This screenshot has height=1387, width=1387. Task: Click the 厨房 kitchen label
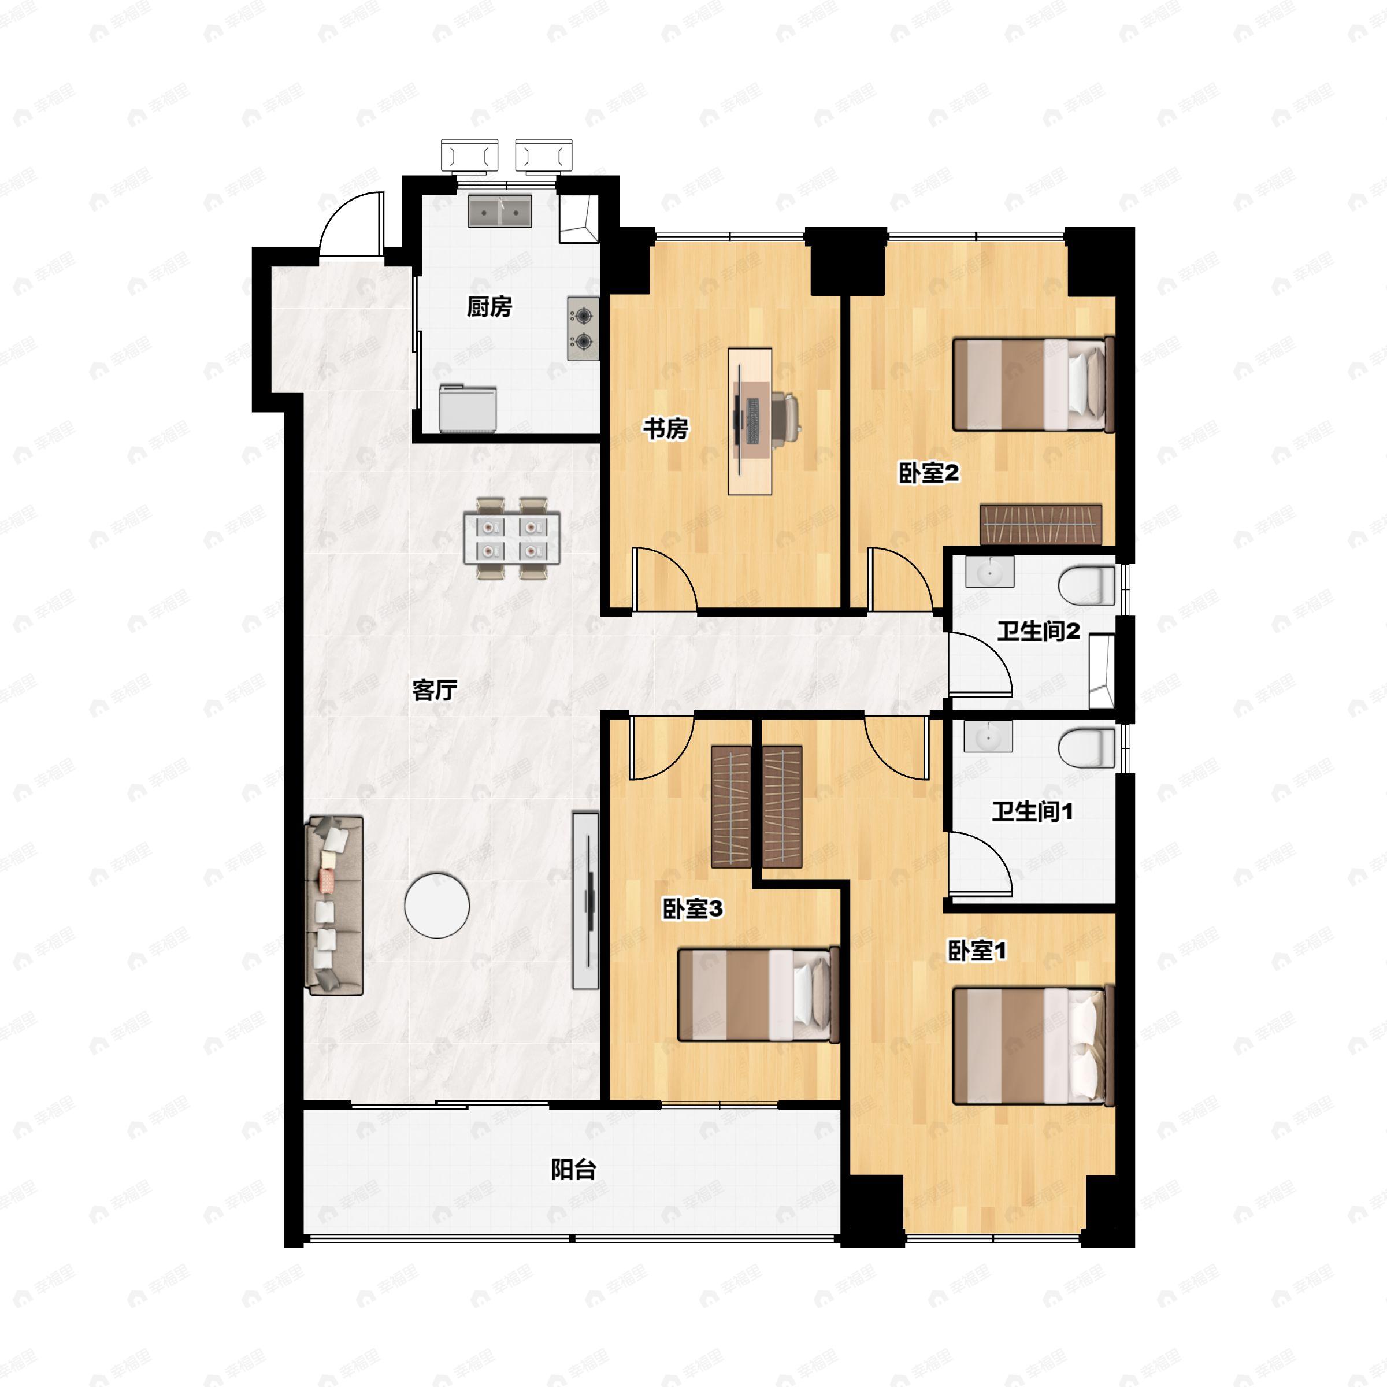[489, 307]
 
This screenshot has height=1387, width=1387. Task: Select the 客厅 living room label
[435, 690]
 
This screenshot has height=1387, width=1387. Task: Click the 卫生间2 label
[1038, 632]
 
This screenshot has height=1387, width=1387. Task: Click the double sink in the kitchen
[500, 211]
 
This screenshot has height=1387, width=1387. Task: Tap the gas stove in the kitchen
[584, 329]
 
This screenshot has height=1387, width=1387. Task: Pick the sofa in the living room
[335, 905]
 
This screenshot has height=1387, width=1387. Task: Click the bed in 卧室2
[1033, 385]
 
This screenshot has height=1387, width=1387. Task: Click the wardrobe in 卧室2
[1041, 524]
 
